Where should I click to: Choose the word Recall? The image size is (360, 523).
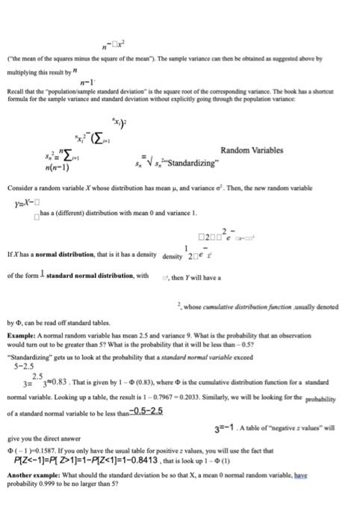tap(17, 95)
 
